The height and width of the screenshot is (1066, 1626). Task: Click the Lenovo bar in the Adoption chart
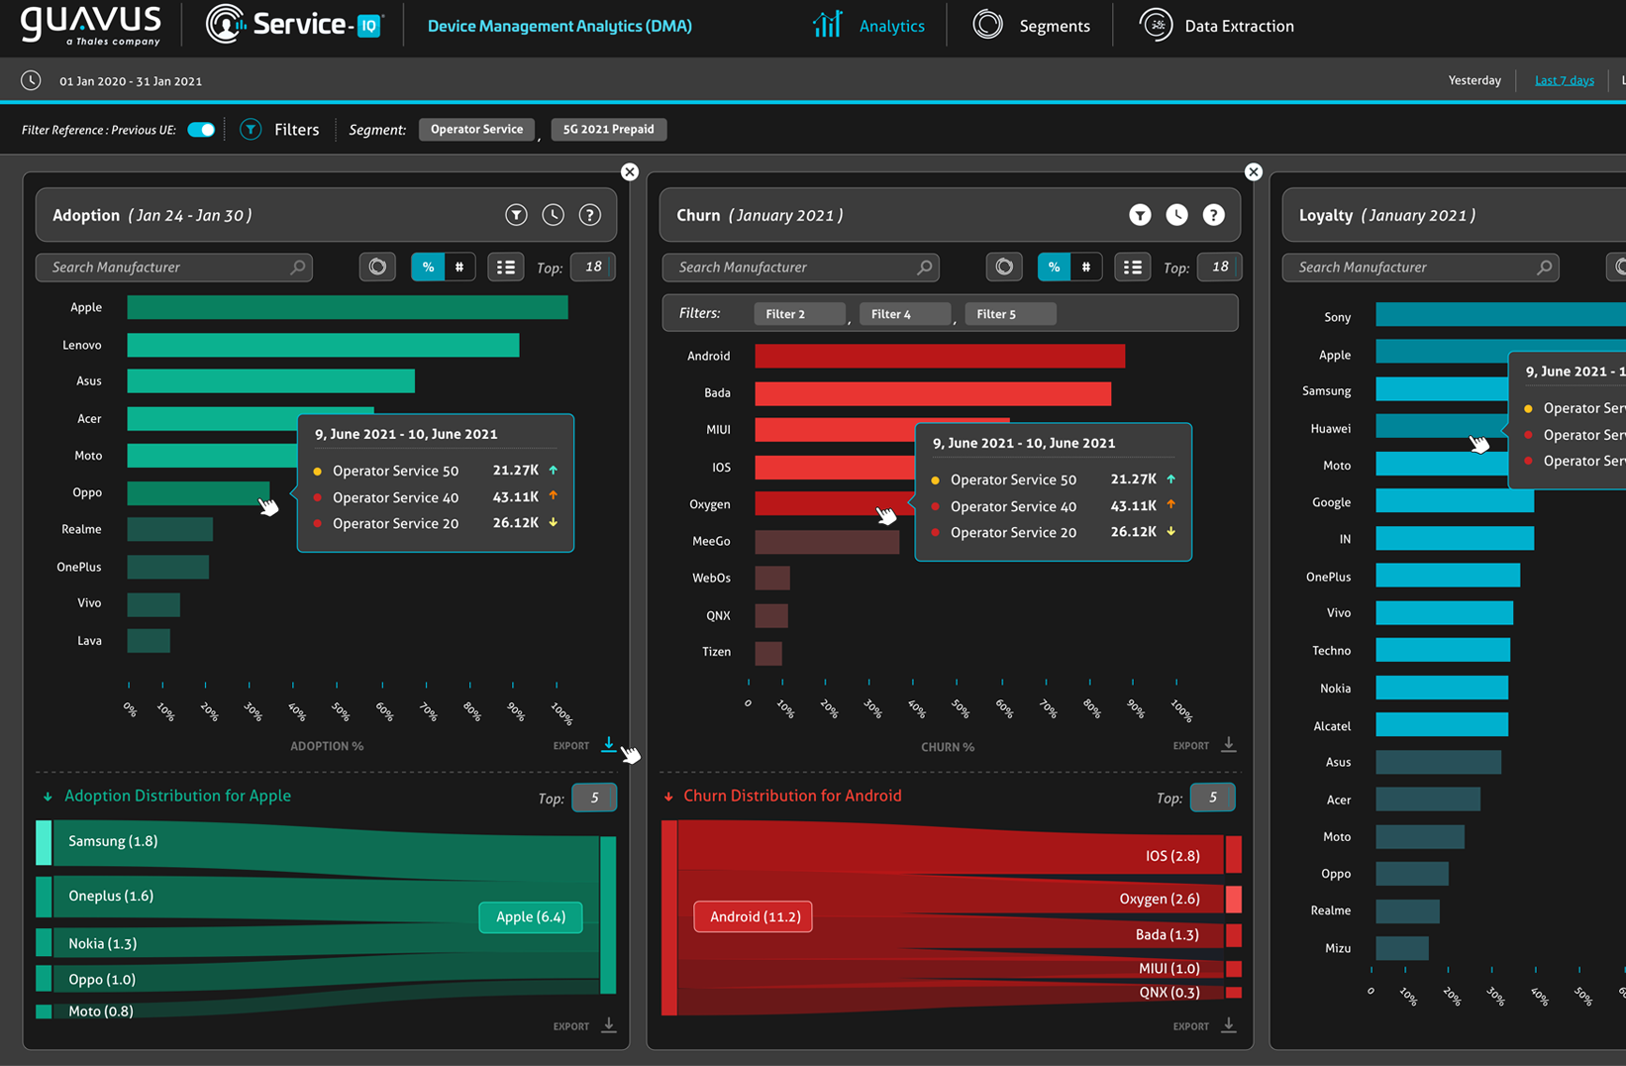(x=323, y=345)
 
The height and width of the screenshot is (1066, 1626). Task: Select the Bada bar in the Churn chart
(x=932, y=393)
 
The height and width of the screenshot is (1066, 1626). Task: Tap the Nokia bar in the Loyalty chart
(x=1441, y=688)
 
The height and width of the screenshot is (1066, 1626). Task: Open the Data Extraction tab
(x=1217, y=26)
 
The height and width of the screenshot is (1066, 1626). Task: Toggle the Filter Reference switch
(x=201, y=130)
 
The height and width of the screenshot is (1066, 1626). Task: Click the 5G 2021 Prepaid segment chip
(x=608, y=130)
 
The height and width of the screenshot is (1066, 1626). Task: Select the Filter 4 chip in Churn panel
(x=903, y=314)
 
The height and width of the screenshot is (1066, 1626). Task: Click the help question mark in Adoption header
(x=590, y=215)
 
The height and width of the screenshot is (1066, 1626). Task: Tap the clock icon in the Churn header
(x=1176, y=215)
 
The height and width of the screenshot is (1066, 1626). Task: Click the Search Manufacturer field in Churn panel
(x=798, y=267)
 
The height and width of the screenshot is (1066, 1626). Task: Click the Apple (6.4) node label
(x=531, y=916)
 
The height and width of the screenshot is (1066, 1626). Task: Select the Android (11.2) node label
(x=755, y=916)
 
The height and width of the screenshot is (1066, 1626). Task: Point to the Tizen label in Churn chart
(x=716, y=652)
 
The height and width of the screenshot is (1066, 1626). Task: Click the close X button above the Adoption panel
(x=630, y=171)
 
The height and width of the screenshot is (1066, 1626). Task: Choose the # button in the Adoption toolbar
(x=459, y=267)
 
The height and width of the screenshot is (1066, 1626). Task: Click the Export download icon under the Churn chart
(x=1228, y=745)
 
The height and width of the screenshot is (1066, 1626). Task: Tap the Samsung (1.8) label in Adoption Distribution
(x=113, y=841)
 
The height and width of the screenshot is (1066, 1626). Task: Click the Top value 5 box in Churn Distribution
(x=1212, y=798)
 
